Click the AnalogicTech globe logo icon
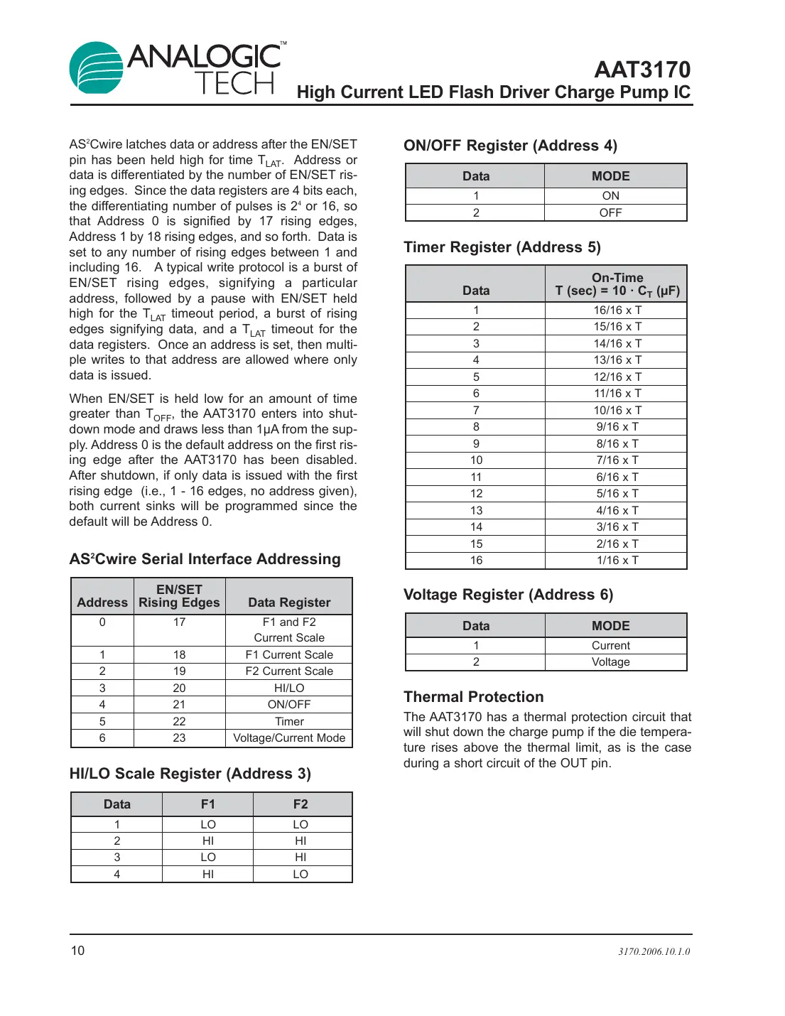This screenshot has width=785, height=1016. [x=96, y=67]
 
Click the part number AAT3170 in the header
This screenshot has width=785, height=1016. [x=641, y=70]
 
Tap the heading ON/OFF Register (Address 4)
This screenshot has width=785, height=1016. [x=510, y=146]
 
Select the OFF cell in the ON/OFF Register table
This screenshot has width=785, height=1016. [x=610, y=212]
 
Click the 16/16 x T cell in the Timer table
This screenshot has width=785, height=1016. [x=617, y=310]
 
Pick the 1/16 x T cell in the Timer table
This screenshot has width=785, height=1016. [x=617, y=560]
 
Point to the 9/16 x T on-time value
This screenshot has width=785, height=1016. [x=617, y=426]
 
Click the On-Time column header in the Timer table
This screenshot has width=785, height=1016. [x=617, y=284]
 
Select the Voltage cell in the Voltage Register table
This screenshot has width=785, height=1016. [x=610, y=661]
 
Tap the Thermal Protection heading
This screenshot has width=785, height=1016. [x=473, y=697]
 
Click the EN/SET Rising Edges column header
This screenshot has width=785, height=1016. [x=179, y=596]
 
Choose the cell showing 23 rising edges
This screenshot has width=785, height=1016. [x=179, y=737]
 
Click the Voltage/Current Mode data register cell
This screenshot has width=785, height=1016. [x=289, y=737]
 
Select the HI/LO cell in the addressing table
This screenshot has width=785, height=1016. [x=289, y=688]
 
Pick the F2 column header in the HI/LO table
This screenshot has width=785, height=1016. [x=301, y=804]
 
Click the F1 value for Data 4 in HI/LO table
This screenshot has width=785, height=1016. [x=207, y=874]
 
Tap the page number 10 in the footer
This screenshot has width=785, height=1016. [x=77, y=951]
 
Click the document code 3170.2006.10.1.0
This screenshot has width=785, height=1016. [x=654, y=951]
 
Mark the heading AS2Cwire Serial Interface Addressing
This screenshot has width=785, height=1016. [x=205, y=559]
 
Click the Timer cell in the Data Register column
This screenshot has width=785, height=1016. [x=289, y=721]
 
